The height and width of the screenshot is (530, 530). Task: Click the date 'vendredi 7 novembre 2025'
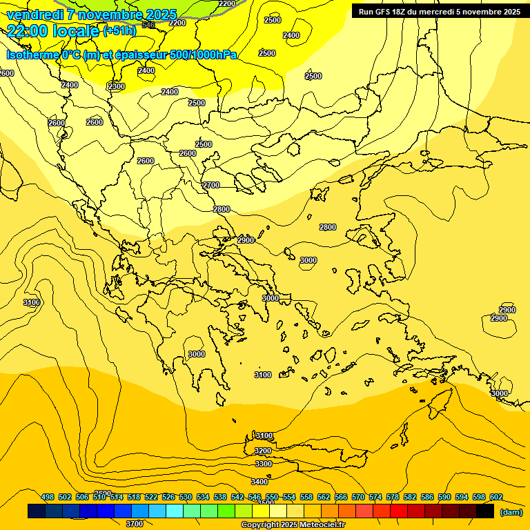[92, 14]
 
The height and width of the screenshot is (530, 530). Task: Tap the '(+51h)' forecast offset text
[119, 31]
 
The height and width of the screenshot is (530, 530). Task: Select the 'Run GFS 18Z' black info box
[439, 11]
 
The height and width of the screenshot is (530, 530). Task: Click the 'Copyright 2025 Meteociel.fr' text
[293, 524]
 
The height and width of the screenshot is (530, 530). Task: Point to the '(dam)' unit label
[511, 511]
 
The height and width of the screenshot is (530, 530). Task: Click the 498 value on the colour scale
[48, 497]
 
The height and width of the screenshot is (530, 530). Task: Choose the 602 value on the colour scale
[496, 497]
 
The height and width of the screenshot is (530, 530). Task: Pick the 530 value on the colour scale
[186, 497]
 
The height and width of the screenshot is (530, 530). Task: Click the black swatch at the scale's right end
[485, 511]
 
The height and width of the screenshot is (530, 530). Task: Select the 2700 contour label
[211, 185]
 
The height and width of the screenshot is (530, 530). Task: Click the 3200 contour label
[263, 451]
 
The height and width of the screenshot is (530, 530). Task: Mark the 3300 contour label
[264, 464]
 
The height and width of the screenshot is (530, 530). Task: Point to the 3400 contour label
[259, 482]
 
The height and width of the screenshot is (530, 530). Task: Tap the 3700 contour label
[135, 524]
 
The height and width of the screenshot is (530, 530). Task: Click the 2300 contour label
[117, 86]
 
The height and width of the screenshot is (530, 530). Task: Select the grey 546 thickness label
[148, 25]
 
